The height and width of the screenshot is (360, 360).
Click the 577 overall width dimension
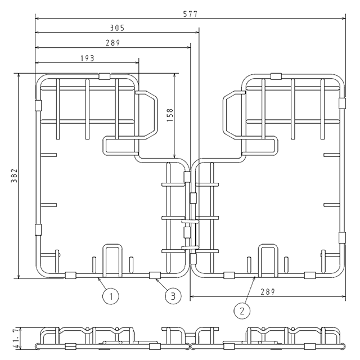[x=190, y=14]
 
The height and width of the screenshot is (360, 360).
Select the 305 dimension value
[x=117, y=28]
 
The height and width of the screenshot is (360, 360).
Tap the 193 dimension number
[x=87, y=58]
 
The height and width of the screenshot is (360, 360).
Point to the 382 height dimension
[x=14, y=175]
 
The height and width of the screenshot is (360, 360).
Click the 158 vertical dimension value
[x=170, y=115]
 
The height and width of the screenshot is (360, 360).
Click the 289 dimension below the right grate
[x=268, y=292]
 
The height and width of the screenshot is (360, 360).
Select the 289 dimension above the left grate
[x=112, y=43]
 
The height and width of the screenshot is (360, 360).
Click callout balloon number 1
[x=111, y=296]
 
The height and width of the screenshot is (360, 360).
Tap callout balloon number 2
[x=242, y=311]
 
